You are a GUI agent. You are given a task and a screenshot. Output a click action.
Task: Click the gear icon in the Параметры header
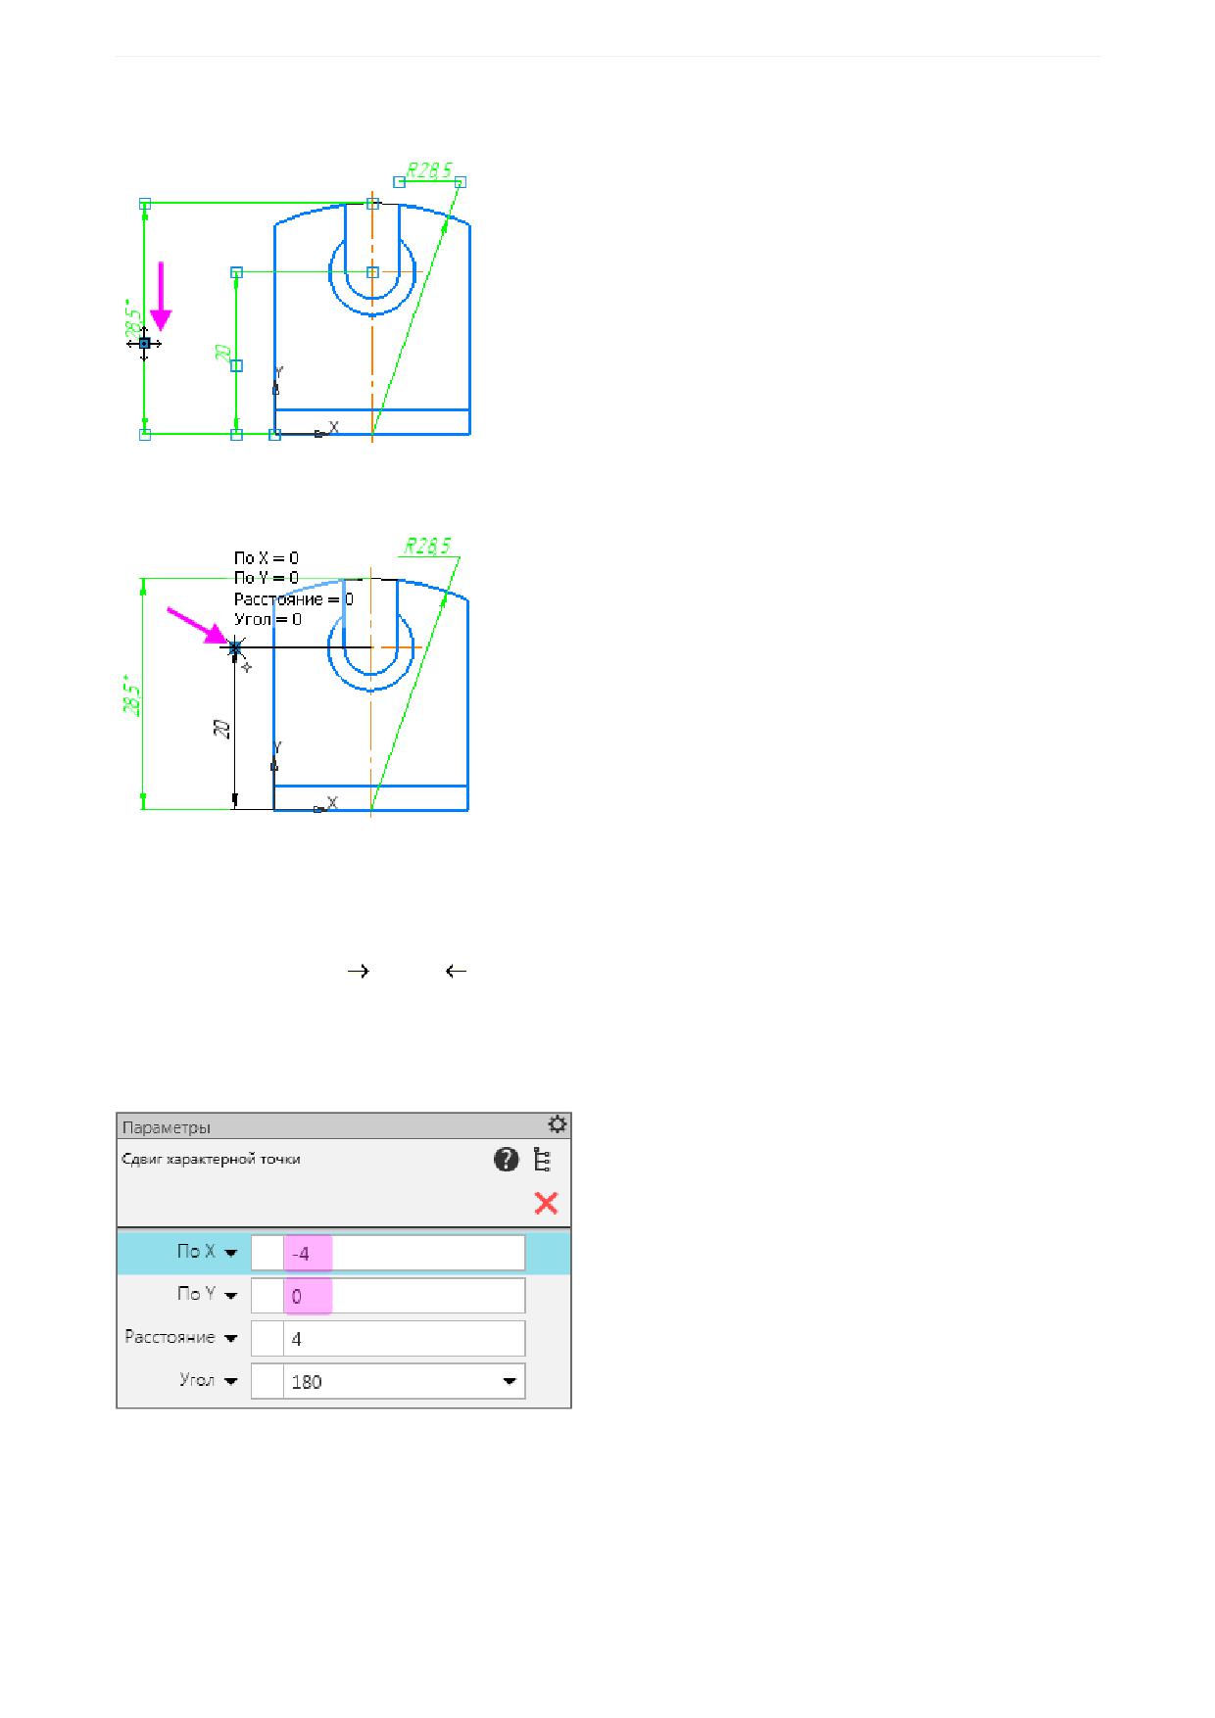pyautogui.click(x=558, y=1123)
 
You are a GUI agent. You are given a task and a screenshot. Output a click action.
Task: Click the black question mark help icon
pyautogui.click(x=506, y=1160)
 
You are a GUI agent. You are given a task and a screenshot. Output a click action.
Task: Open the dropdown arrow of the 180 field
pyautogui.click(x=510, y=1382)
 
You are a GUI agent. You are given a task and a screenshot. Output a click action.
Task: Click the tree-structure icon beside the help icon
pyautogui.click(x=542, y=1160)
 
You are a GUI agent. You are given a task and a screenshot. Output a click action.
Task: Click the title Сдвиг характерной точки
pyautogui.click(x=211, y=1160)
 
